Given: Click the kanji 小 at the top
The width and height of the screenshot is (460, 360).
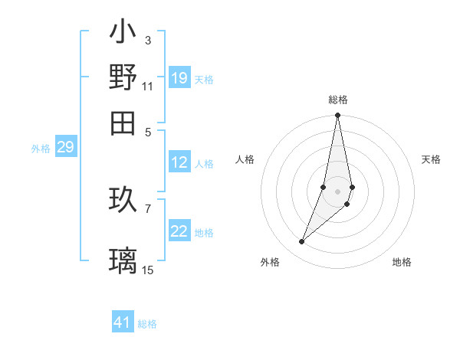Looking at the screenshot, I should click(123, 33).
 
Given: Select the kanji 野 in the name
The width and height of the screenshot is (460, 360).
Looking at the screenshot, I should click(123, 78).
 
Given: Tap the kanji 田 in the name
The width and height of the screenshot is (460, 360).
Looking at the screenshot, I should click(123, 122).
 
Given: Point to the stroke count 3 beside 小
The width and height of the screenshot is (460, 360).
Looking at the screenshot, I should click(148, 40).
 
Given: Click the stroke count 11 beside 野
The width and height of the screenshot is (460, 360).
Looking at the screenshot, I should click(148, 86).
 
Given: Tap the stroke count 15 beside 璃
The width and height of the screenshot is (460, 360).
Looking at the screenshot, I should click(148, 270).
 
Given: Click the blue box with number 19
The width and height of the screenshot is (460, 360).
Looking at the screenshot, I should click(179, 78).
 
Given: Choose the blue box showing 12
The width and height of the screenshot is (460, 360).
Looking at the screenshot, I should click(179, 162).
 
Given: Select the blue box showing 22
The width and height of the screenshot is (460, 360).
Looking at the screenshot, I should click(179, 232).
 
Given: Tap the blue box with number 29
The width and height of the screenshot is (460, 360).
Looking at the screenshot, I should click(65, 148).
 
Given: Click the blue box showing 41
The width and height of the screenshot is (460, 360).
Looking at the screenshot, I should click(123, 322).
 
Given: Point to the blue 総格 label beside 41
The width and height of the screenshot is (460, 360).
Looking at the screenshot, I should click(147, 324).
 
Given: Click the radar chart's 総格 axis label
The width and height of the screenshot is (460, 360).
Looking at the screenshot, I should click(337, 100).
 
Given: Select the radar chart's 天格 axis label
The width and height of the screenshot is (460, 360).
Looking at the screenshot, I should click(431, 159).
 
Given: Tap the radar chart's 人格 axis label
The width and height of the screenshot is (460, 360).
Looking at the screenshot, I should click(245, 159).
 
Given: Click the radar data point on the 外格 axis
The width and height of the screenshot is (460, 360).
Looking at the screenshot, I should click(302, 242).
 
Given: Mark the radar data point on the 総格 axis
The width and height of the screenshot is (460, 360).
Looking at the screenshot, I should click(337, 116).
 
